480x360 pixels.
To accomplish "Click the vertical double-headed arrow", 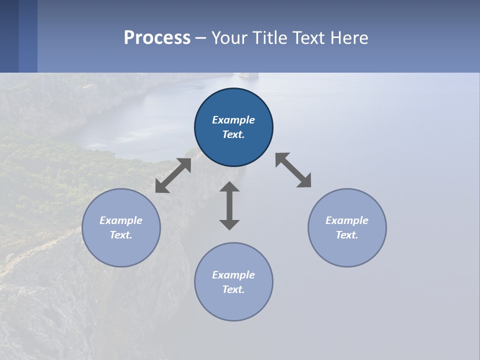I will [229, 205].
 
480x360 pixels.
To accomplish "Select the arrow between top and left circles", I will [173, 175].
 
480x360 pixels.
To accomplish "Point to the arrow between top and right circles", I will [293, 170].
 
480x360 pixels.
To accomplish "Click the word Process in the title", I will [157, 38].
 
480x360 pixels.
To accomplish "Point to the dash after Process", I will [200, 38].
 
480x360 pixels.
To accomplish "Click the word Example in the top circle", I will [233, 120].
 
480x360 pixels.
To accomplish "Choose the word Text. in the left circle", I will [121, 235].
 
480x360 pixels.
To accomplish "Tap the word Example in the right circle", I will [347, 220].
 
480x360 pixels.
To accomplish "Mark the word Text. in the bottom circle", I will [233, 289].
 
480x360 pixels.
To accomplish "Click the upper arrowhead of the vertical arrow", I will [229, 187].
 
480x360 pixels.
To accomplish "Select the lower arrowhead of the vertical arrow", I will [229, 224].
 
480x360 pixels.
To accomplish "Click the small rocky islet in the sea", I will [245, 75].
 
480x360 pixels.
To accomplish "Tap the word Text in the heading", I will [308, 38].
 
